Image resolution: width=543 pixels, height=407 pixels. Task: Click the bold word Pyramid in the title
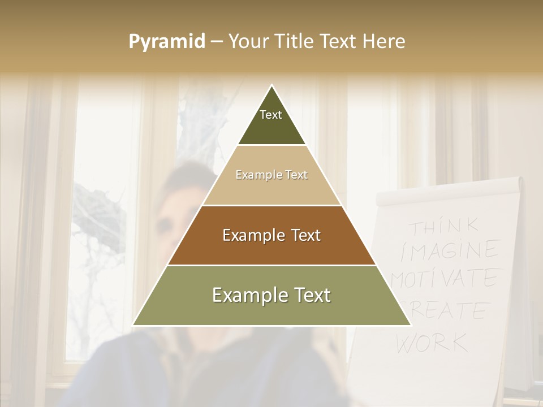point(166,42)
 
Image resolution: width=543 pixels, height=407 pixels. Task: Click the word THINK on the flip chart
point(444,227)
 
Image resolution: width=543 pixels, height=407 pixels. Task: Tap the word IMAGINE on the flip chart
point(450,250)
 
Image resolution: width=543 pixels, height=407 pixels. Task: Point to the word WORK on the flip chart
point(432,342)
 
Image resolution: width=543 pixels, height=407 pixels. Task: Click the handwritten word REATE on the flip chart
point(453,311)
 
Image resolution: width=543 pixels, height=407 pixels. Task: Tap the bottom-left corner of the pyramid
point(133,324)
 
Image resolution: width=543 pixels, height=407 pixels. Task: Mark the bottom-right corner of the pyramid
point(410,324)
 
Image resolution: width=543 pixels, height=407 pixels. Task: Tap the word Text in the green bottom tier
point(308,296)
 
